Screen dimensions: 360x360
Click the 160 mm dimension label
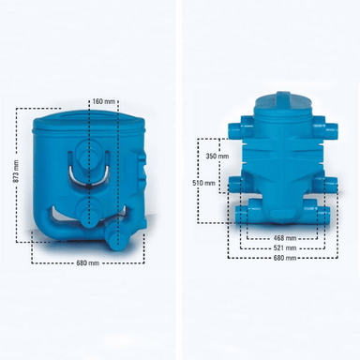[104, 101]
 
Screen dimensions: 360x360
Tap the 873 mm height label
[17, 172]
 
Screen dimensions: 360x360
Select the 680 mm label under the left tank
[88, 263]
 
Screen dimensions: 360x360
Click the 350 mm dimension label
[217, 156]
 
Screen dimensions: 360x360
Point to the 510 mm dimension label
[204, 183]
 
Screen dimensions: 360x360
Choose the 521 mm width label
[285, 248]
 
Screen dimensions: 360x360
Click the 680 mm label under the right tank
[285, 258]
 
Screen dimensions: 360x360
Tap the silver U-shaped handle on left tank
[89, 181]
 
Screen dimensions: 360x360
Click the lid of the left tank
[89, 120]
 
